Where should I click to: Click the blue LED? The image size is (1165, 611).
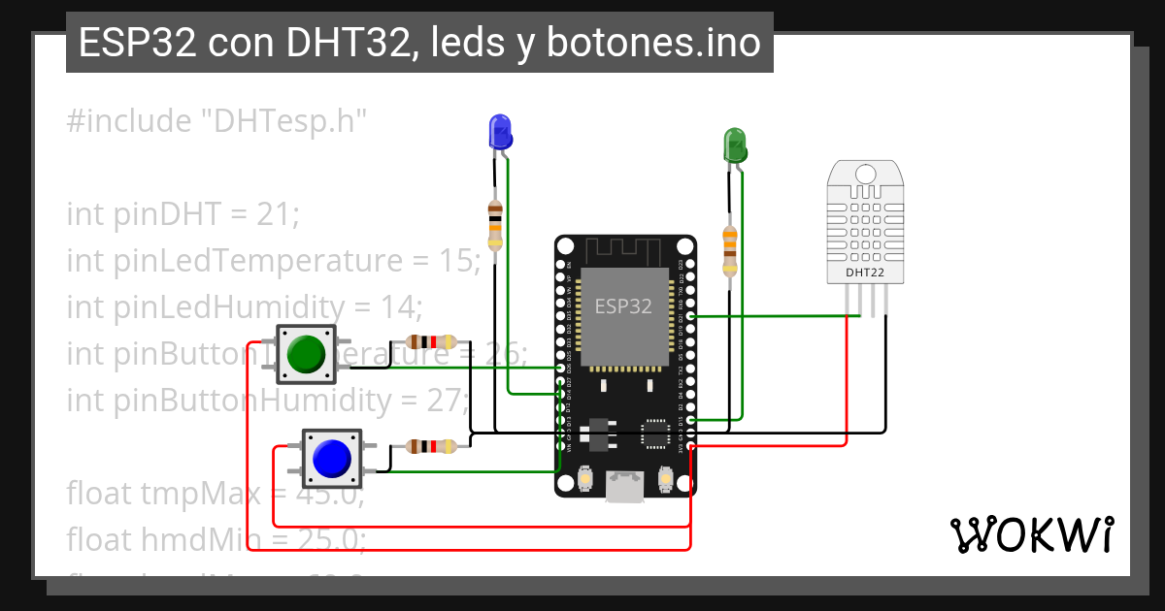coord(500,131)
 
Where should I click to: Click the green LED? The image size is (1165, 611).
coord(734,145)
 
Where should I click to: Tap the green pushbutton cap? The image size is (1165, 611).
coord(307,354)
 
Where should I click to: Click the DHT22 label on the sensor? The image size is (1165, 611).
coord(865,273)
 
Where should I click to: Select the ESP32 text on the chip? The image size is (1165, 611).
coord(623,306)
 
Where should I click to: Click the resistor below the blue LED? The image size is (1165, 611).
coord(495,225)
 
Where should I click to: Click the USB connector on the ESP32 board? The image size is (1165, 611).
coord(625,487)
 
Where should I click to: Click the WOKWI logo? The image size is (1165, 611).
coord(1031,534)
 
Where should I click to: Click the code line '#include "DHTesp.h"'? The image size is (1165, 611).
coord(217,121)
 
